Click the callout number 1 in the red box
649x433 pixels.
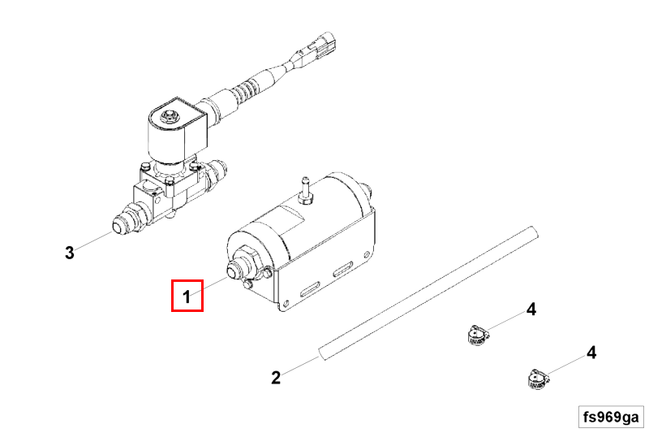click(x=187, y=297)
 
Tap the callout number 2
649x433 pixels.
click(x=276, y=378)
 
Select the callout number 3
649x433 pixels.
click(x=70, y=252)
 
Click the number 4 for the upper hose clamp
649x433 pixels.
click(x=531, y=309)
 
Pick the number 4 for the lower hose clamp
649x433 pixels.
click(x=591, y=353)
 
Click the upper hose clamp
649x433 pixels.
click(x=477, y=336)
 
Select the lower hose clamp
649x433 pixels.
click(x=538, y=379)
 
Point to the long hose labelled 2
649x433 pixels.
click(x=428, y=293)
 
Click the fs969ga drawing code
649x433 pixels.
click(x=611, y=417)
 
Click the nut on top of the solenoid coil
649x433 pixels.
click(x=169, y=116)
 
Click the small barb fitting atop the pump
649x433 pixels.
click(x=305, y=190)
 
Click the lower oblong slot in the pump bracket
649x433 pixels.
click(x=311, y=289)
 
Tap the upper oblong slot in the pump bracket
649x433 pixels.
click(x=343, y=269)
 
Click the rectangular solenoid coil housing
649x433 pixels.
click(x=177, y=132)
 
